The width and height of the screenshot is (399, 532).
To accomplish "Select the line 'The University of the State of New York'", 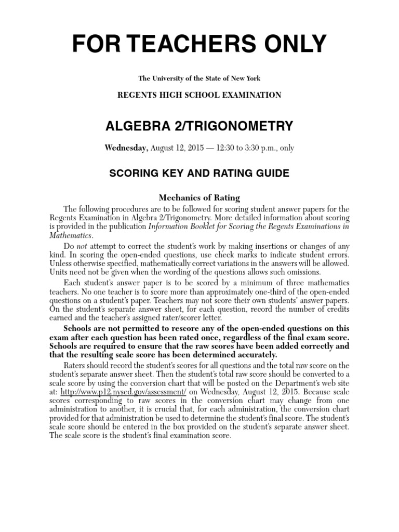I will pos(199,78).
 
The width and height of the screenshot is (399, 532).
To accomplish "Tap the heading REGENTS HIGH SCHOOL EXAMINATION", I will pos(199,95).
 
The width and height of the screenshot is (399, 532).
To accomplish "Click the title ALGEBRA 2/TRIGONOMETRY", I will pos(199,126).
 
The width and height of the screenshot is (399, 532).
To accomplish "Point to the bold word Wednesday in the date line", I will pos(127,148).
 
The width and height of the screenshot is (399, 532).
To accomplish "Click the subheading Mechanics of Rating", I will pos(199,197).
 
